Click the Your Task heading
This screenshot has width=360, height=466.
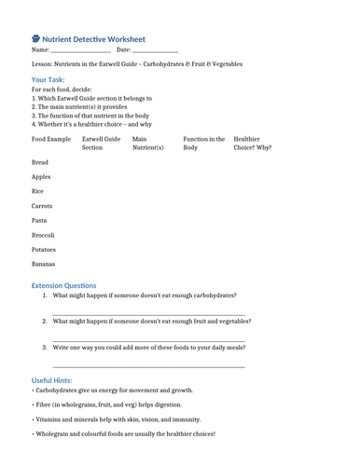click(48, 80)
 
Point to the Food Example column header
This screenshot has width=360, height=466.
click(51, 139)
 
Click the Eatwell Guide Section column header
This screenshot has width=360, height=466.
click(101, 143)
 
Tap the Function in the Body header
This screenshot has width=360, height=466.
click(203, 143)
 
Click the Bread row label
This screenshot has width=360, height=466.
click(40, 162)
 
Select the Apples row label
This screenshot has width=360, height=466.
click(41, 176)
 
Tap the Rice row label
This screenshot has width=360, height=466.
click(39, 191)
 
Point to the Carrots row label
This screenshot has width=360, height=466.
click(42, 206)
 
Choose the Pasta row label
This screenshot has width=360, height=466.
click(40, 221)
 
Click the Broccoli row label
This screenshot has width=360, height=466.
click(43, 236)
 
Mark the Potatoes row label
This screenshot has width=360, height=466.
click(44, 250)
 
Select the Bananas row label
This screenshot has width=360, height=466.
click(44, 265)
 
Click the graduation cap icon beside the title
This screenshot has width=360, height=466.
click(36, 39)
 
